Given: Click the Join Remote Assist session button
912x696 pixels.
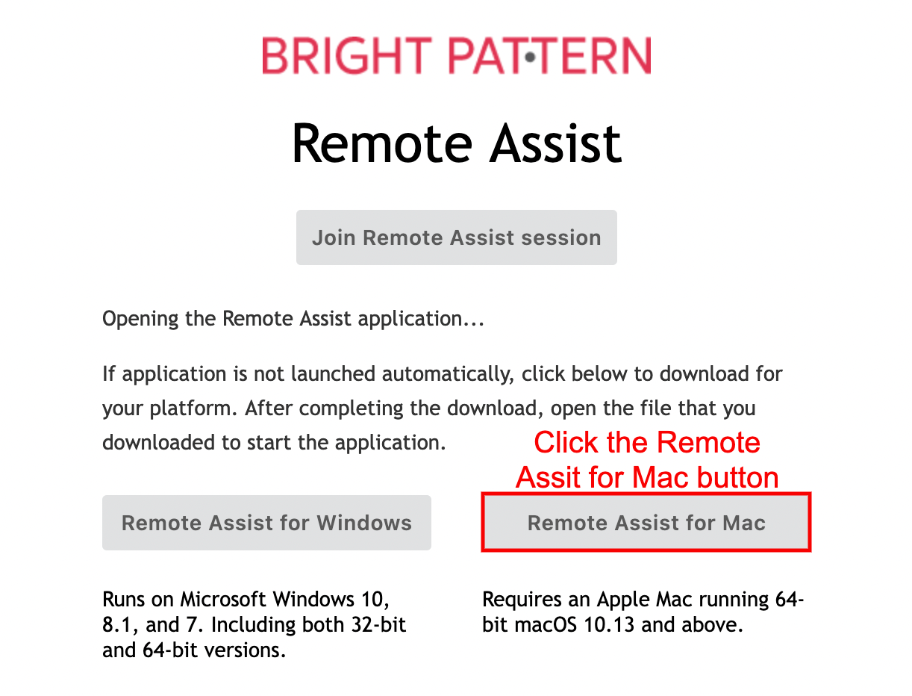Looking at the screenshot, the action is point(456,237).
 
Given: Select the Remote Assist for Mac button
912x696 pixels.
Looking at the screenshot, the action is point(646,523).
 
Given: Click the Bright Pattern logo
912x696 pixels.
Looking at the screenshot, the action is point(456,55).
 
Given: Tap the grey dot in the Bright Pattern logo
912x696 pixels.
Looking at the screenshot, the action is point(530,57).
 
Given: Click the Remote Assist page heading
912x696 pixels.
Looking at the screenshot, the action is point(456,143).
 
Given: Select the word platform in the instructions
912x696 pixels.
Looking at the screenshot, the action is point(193,408).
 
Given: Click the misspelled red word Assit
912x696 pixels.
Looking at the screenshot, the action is point(549,477).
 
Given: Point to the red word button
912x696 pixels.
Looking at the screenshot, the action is point(737,477).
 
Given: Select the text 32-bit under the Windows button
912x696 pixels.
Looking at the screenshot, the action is point(378,624).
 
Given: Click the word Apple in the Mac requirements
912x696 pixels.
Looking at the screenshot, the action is point(623,600).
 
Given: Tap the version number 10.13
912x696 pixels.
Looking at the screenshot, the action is point(609,624).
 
